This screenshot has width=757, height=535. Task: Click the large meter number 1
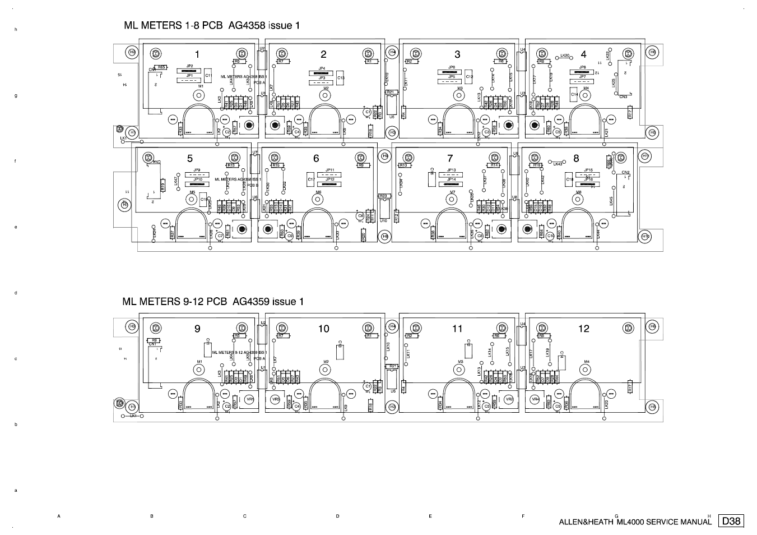197,54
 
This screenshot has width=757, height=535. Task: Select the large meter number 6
316,159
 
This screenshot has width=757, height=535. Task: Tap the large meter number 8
576,159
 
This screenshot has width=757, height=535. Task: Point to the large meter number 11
457,329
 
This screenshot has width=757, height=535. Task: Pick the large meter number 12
584,329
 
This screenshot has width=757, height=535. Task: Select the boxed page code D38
731,521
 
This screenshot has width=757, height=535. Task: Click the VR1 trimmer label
250,399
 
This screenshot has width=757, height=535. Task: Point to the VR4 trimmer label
535,399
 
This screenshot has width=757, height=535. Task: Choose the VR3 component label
275,399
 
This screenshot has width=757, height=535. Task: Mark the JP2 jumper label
189,66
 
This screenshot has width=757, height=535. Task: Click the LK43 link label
558,164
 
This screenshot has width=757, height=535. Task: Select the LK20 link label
565,56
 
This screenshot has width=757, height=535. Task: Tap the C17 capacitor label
311,179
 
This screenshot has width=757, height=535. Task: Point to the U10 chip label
384,220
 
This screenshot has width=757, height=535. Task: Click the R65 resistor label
161,67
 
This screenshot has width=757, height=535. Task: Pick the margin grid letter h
16,29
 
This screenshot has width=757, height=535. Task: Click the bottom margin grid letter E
430,516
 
